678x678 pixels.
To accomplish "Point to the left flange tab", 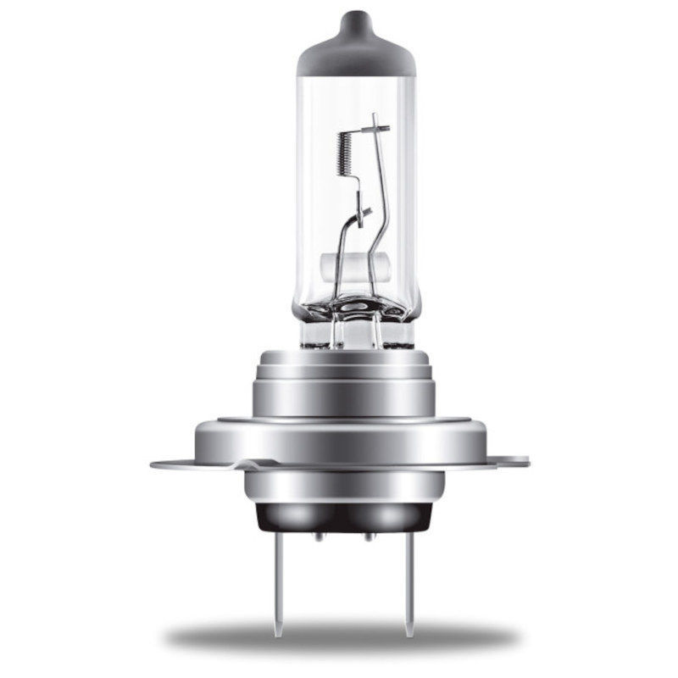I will (169, 464).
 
